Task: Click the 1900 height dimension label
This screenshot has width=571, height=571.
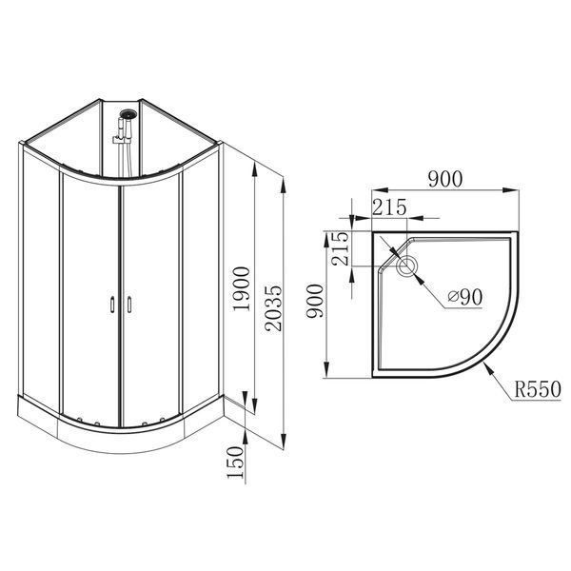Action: click(x=242, y=288)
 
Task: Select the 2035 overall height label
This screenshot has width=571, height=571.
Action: click(x=273, y=307)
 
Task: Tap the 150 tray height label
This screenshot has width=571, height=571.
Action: click(x=235, y=463)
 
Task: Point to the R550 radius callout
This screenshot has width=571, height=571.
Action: click(x=538, y=389)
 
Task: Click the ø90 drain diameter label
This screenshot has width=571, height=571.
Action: click(x=465, y=297)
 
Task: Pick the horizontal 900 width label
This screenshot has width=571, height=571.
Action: click(x=445, y=179)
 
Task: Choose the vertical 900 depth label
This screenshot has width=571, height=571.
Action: click(x=315, y=301)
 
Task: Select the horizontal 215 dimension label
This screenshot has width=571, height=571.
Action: click(x=389, y=207)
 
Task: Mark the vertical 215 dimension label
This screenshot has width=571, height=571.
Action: click(x=341, y=248)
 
